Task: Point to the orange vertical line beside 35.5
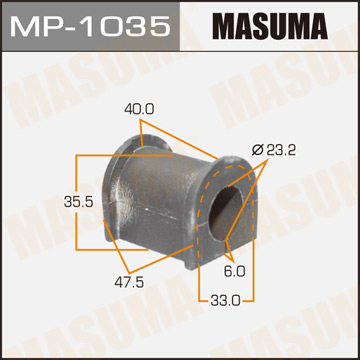pos(77,201)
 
